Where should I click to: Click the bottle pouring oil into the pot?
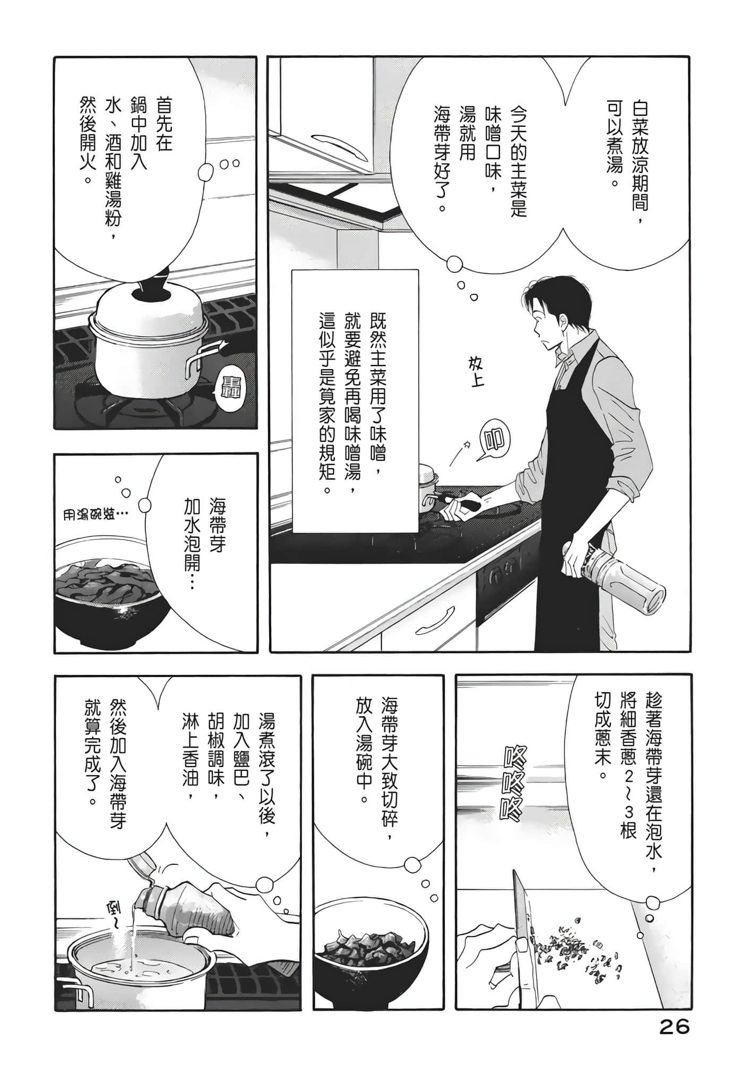pos(175,896)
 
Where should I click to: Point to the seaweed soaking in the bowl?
pos(106,583)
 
